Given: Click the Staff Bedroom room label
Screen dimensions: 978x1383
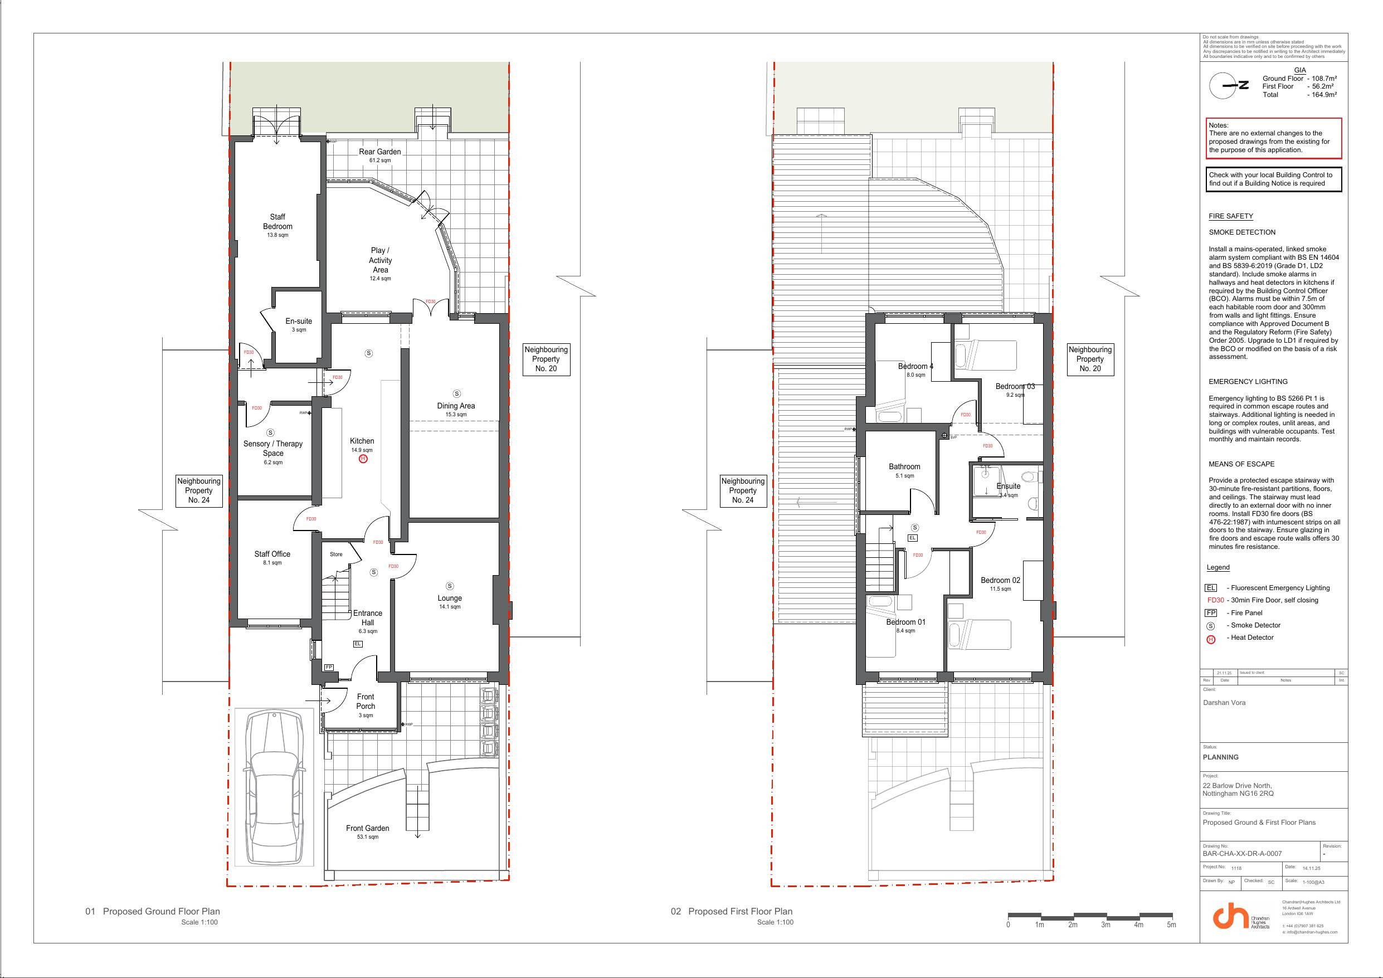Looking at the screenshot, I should click(277, 222).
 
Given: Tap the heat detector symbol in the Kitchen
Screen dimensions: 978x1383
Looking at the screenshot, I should click(363, 459).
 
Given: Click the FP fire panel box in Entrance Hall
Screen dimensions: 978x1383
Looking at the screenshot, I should click(329, 667).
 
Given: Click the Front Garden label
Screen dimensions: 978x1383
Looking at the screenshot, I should click(367, 829).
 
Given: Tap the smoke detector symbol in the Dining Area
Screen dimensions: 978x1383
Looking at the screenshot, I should click(456, 394).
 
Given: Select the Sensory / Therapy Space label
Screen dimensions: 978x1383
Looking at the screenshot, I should click(273, 449).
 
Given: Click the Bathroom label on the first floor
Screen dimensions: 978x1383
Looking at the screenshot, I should click(904, 466).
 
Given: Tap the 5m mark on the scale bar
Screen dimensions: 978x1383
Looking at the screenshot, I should click(1171, 925).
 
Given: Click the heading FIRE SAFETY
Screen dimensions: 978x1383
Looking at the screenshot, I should click(1231, 216).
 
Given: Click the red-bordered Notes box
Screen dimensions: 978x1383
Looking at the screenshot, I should click(1273, 139).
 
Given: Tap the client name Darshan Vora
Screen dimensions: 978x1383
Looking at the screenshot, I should click(1224, 703).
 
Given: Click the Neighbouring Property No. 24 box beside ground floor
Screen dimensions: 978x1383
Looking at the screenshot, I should click(199, 490).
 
